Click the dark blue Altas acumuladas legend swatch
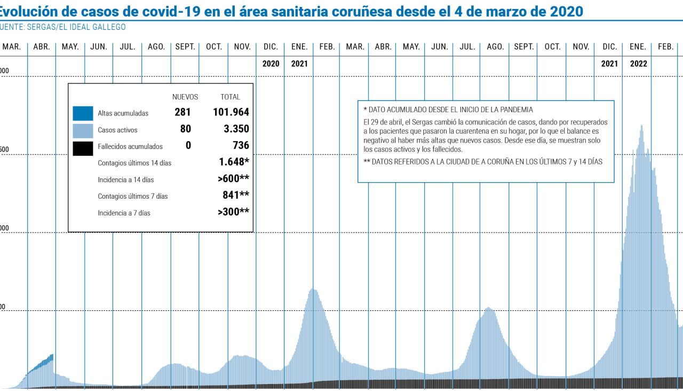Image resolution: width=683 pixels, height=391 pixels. point(83,113)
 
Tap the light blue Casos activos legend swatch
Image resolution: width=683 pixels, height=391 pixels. point(83,130)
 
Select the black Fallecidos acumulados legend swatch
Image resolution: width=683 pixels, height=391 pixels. point(83,146)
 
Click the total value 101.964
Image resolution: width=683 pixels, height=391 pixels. point(230,113)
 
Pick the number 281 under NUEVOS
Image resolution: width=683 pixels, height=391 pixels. point(182,113)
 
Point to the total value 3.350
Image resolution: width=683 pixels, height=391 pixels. point(235,129)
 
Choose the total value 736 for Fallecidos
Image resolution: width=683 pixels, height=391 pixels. point(241,146)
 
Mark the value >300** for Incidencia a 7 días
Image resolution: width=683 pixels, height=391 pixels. point(233,212)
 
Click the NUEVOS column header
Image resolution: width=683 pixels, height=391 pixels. point(185,97)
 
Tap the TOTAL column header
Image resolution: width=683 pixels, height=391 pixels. point(231,97)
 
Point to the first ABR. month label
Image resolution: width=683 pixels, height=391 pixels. point(42,47)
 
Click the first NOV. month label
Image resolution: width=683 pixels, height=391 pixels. point(242,47)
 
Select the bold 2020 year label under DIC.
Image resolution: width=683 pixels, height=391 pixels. point(271,64)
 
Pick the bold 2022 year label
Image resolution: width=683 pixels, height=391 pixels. point(638,64)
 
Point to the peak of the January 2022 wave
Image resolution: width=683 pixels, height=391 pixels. point(641,126)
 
